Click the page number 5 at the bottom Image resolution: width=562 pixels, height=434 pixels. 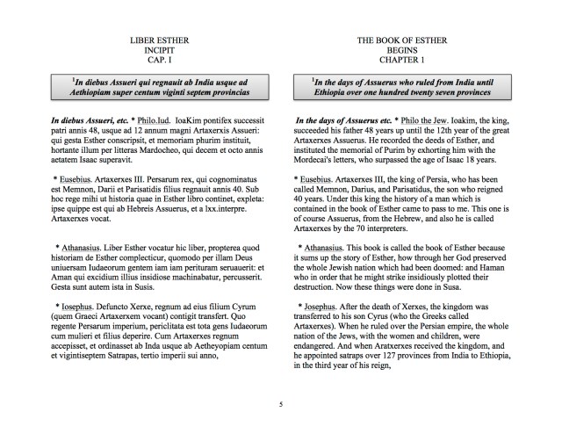pyautogui.click(x=281, y=405)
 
